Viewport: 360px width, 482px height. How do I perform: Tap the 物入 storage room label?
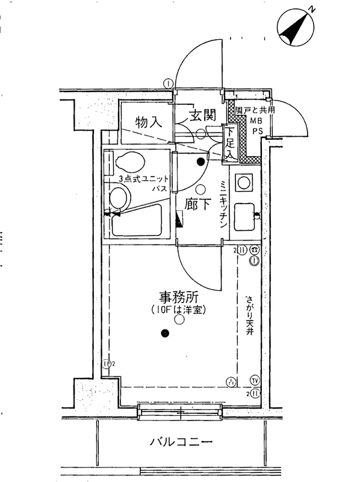point(149,122)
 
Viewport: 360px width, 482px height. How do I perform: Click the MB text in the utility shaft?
point(257,121)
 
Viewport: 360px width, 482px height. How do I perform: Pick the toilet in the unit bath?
point(128,163)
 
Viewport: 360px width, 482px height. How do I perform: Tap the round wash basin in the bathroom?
point(120,196)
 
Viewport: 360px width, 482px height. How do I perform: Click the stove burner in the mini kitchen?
point(244,182)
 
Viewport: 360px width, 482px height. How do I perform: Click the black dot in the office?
point(164,333)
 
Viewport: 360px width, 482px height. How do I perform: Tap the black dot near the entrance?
point(200,160)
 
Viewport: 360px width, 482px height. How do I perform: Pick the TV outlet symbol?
point(254,381)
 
